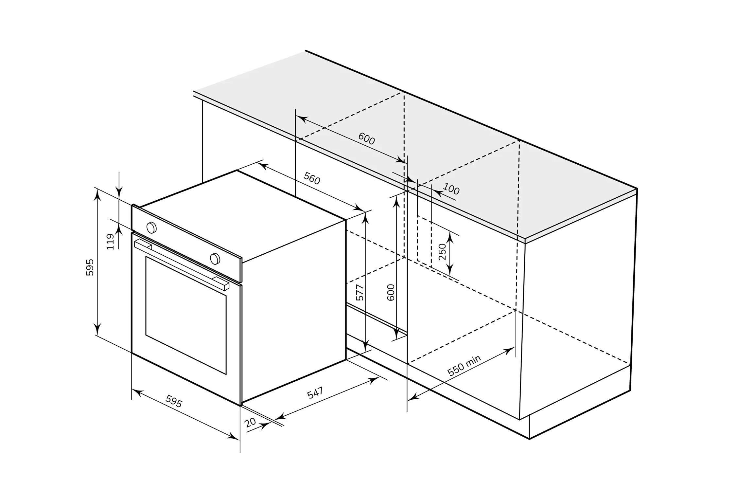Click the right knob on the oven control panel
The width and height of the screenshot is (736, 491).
click(215, 259)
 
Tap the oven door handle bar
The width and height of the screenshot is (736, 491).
click(182, 265)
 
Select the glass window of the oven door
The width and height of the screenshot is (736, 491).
click(186, 315)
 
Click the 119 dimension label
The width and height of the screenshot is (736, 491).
click(111, 242)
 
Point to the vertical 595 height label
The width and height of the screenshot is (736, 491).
click(90, 267)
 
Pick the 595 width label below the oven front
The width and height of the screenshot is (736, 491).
click(174, 401)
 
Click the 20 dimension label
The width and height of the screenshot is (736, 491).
click(250, 423)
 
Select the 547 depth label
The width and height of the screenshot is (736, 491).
click(315, 392)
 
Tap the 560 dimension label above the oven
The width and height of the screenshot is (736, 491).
click(312, 178)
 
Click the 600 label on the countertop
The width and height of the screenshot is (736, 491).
click(366, 139)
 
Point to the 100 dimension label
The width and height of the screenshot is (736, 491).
click(451, 189)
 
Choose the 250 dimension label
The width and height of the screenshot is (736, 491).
click(442, 251)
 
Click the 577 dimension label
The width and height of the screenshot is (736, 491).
click(359, 292)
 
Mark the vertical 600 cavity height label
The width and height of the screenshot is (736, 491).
click(391, 292)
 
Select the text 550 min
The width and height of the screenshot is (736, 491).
click(464, 365)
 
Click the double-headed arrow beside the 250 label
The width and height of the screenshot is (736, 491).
click(450, 253)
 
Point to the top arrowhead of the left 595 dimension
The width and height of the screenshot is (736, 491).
click(97, 195)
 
